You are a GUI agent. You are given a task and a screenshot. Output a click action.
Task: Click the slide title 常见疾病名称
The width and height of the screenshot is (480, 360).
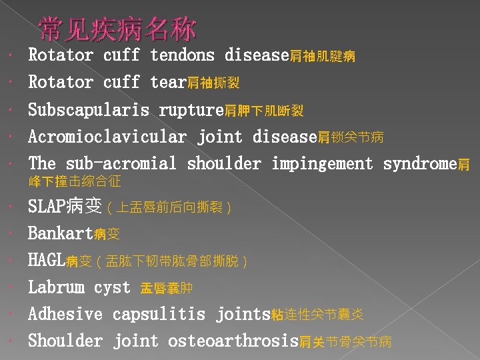(117, 30)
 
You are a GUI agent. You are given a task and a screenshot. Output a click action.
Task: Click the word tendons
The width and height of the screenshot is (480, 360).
(182, 55)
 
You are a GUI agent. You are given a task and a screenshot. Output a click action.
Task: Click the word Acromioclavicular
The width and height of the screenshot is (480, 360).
(107, 137)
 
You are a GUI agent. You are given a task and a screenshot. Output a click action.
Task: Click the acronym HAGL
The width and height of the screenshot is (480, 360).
(46, 261)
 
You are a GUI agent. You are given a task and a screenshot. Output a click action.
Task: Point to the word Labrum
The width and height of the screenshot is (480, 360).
(56, 288)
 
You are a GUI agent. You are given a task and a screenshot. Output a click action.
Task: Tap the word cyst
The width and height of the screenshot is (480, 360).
(112, 288)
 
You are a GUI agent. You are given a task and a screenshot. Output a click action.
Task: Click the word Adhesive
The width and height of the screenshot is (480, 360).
(65, 314)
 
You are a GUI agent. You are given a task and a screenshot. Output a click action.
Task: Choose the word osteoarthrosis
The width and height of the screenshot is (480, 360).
(233, 341)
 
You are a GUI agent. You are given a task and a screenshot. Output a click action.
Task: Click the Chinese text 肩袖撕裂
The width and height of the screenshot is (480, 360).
(213, 83)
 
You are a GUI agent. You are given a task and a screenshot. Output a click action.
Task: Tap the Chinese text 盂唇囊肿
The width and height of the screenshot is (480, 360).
(166, 289)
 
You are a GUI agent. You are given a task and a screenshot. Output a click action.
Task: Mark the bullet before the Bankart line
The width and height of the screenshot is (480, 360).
(7, 235)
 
